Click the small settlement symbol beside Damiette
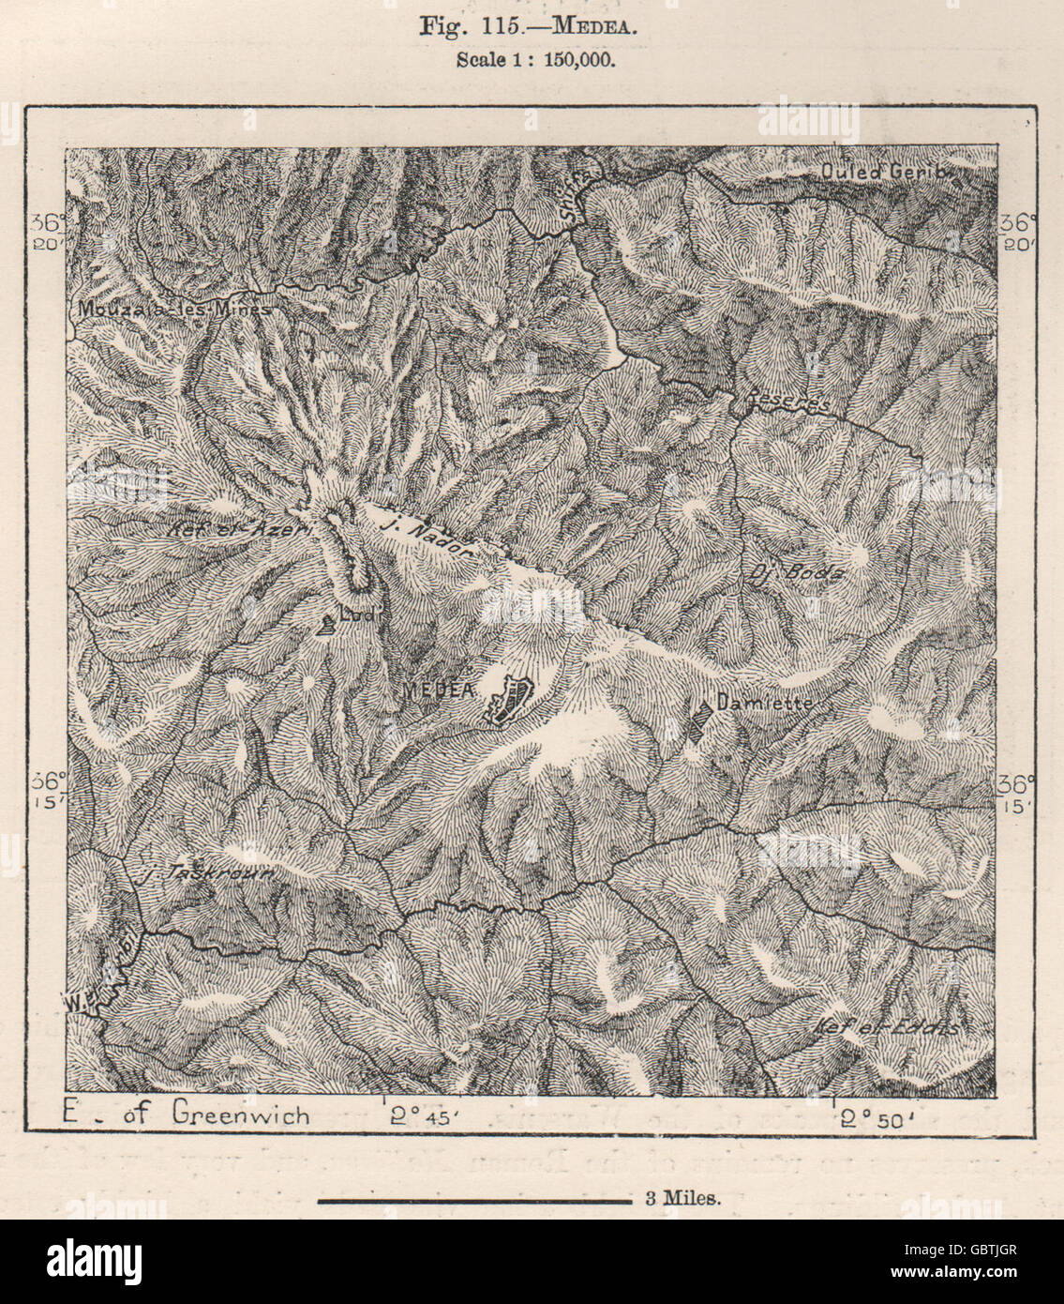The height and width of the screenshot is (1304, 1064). click(x=697, y=723)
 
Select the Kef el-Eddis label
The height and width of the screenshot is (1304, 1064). click(x=887, y=1027)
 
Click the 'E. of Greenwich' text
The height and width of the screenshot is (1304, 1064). click(x=185, y=1113)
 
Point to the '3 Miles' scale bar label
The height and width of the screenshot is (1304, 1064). click(x=681, y=1197)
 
